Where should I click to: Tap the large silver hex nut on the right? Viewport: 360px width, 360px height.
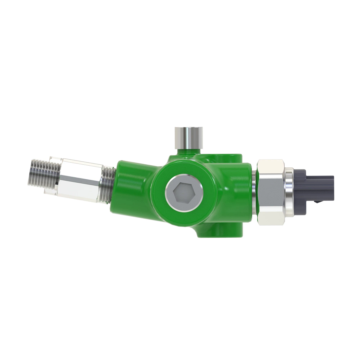tap(271, 192)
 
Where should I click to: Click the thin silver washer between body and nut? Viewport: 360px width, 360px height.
tap(254, 192)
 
